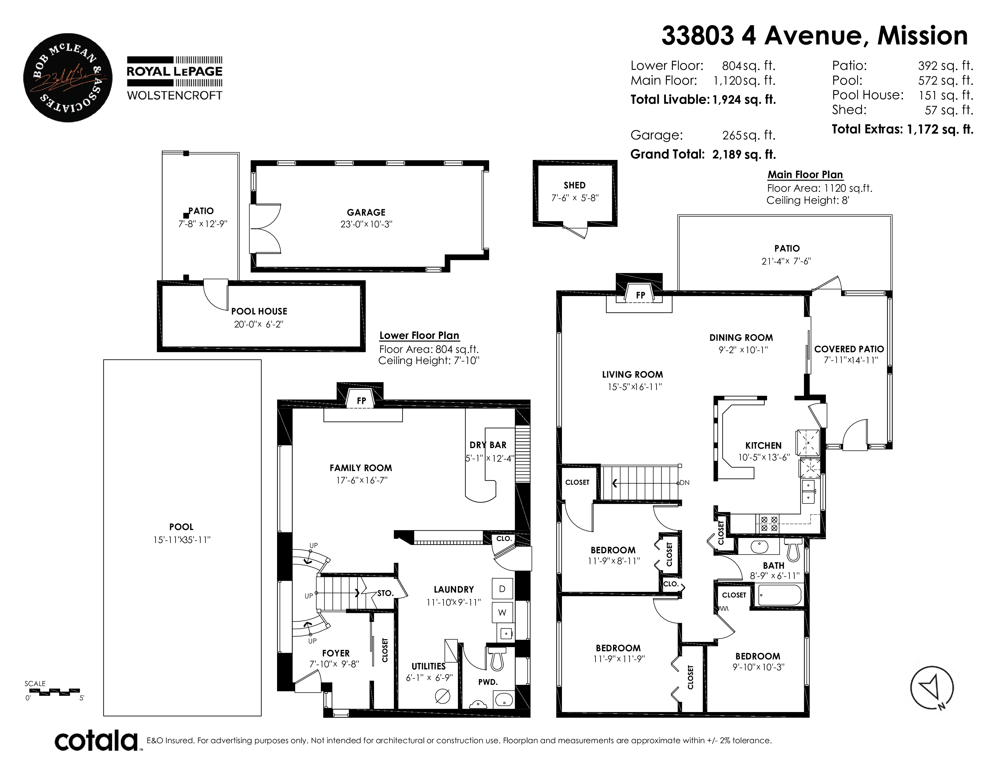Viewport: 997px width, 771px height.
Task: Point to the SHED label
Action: point(574,185)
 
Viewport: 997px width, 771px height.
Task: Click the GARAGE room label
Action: point(366,212)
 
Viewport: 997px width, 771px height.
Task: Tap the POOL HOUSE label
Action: point(259,311)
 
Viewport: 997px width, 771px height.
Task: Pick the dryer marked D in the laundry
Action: point(502,589)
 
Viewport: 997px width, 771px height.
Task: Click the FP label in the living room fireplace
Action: point(640,295)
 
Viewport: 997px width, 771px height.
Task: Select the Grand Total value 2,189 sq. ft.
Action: point(744,155)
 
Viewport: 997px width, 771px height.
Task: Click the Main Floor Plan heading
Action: point(805,174)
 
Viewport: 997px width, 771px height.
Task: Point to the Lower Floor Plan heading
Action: point(419,335)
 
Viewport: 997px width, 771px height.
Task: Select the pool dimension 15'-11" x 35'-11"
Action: point(182,540)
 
